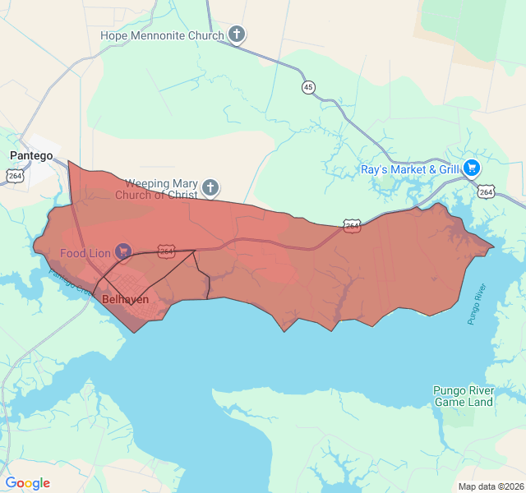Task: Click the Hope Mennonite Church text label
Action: [x=162, y=35]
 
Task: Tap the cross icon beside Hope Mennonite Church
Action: [x=237, y=35]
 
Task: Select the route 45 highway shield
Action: [x=308, y=87]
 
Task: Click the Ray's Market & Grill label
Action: [x=409, y=170]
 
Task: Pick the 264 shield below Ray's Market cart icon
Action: [x=487, y=191]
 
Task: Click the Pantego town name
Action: [x=31, y=155]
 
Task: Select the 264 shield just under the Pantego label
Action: [x=15, y=175]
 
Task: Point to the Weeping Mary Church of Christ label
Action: [x=161, y=189]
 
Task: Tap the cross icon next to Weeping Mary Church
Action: [x=210, y=188]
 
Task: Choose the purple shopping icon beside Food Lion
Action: [x=123, y=250]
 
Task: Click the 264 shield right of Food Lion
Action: [x=166, y=251]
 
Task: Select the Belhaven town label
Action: [x=125, y=299]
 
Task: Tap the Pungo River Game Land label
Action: [x=463, y=396]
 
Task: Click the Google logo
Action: [x=27, y=483]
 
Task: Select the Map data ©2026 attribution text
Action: [x=490, y=486]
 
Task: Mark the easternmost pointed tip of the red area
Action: [x=495, y=245]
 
